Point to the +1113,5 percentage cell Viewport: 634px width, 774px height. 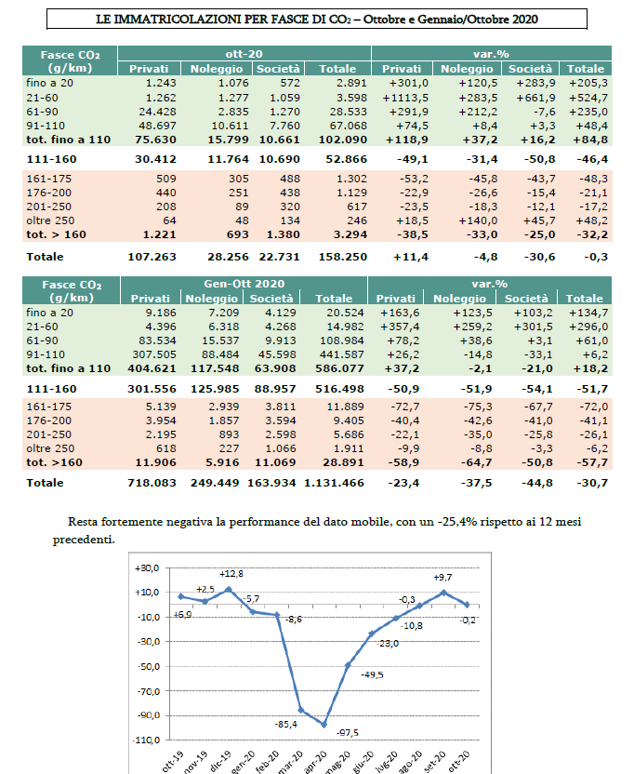(x=403, y=97)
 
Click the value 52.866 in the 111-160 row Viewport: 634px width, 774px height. (x=343, y=159)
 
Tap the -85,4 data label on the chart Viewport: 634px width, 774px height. (x=286, y=724)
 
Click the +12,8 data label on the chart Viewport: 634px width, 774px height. (x=231, y=574)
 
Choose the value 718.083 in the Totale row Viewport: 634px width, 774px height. (x=151, y=483)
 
